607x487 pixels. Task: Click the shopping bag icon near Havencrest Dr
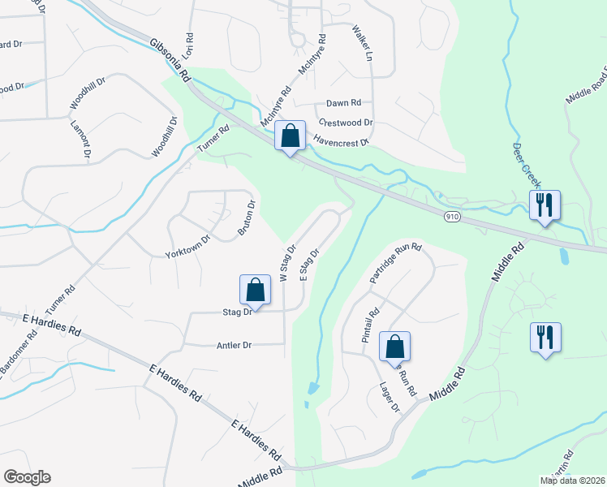click(x=290, y=136)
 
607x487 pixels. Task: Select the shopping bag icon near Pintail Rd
click(x=394, y=347)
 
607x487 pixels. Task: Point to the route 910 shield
click(x=453, y=217)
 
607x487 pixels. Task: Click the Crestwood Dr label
click(x=346, y=123)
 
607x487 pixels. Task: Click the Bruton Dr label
click(x=247, y=217)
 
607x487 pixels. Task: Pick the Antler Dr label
click(x=235, y=345)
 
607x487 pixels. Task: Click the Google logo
click(x=27, y=477)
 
